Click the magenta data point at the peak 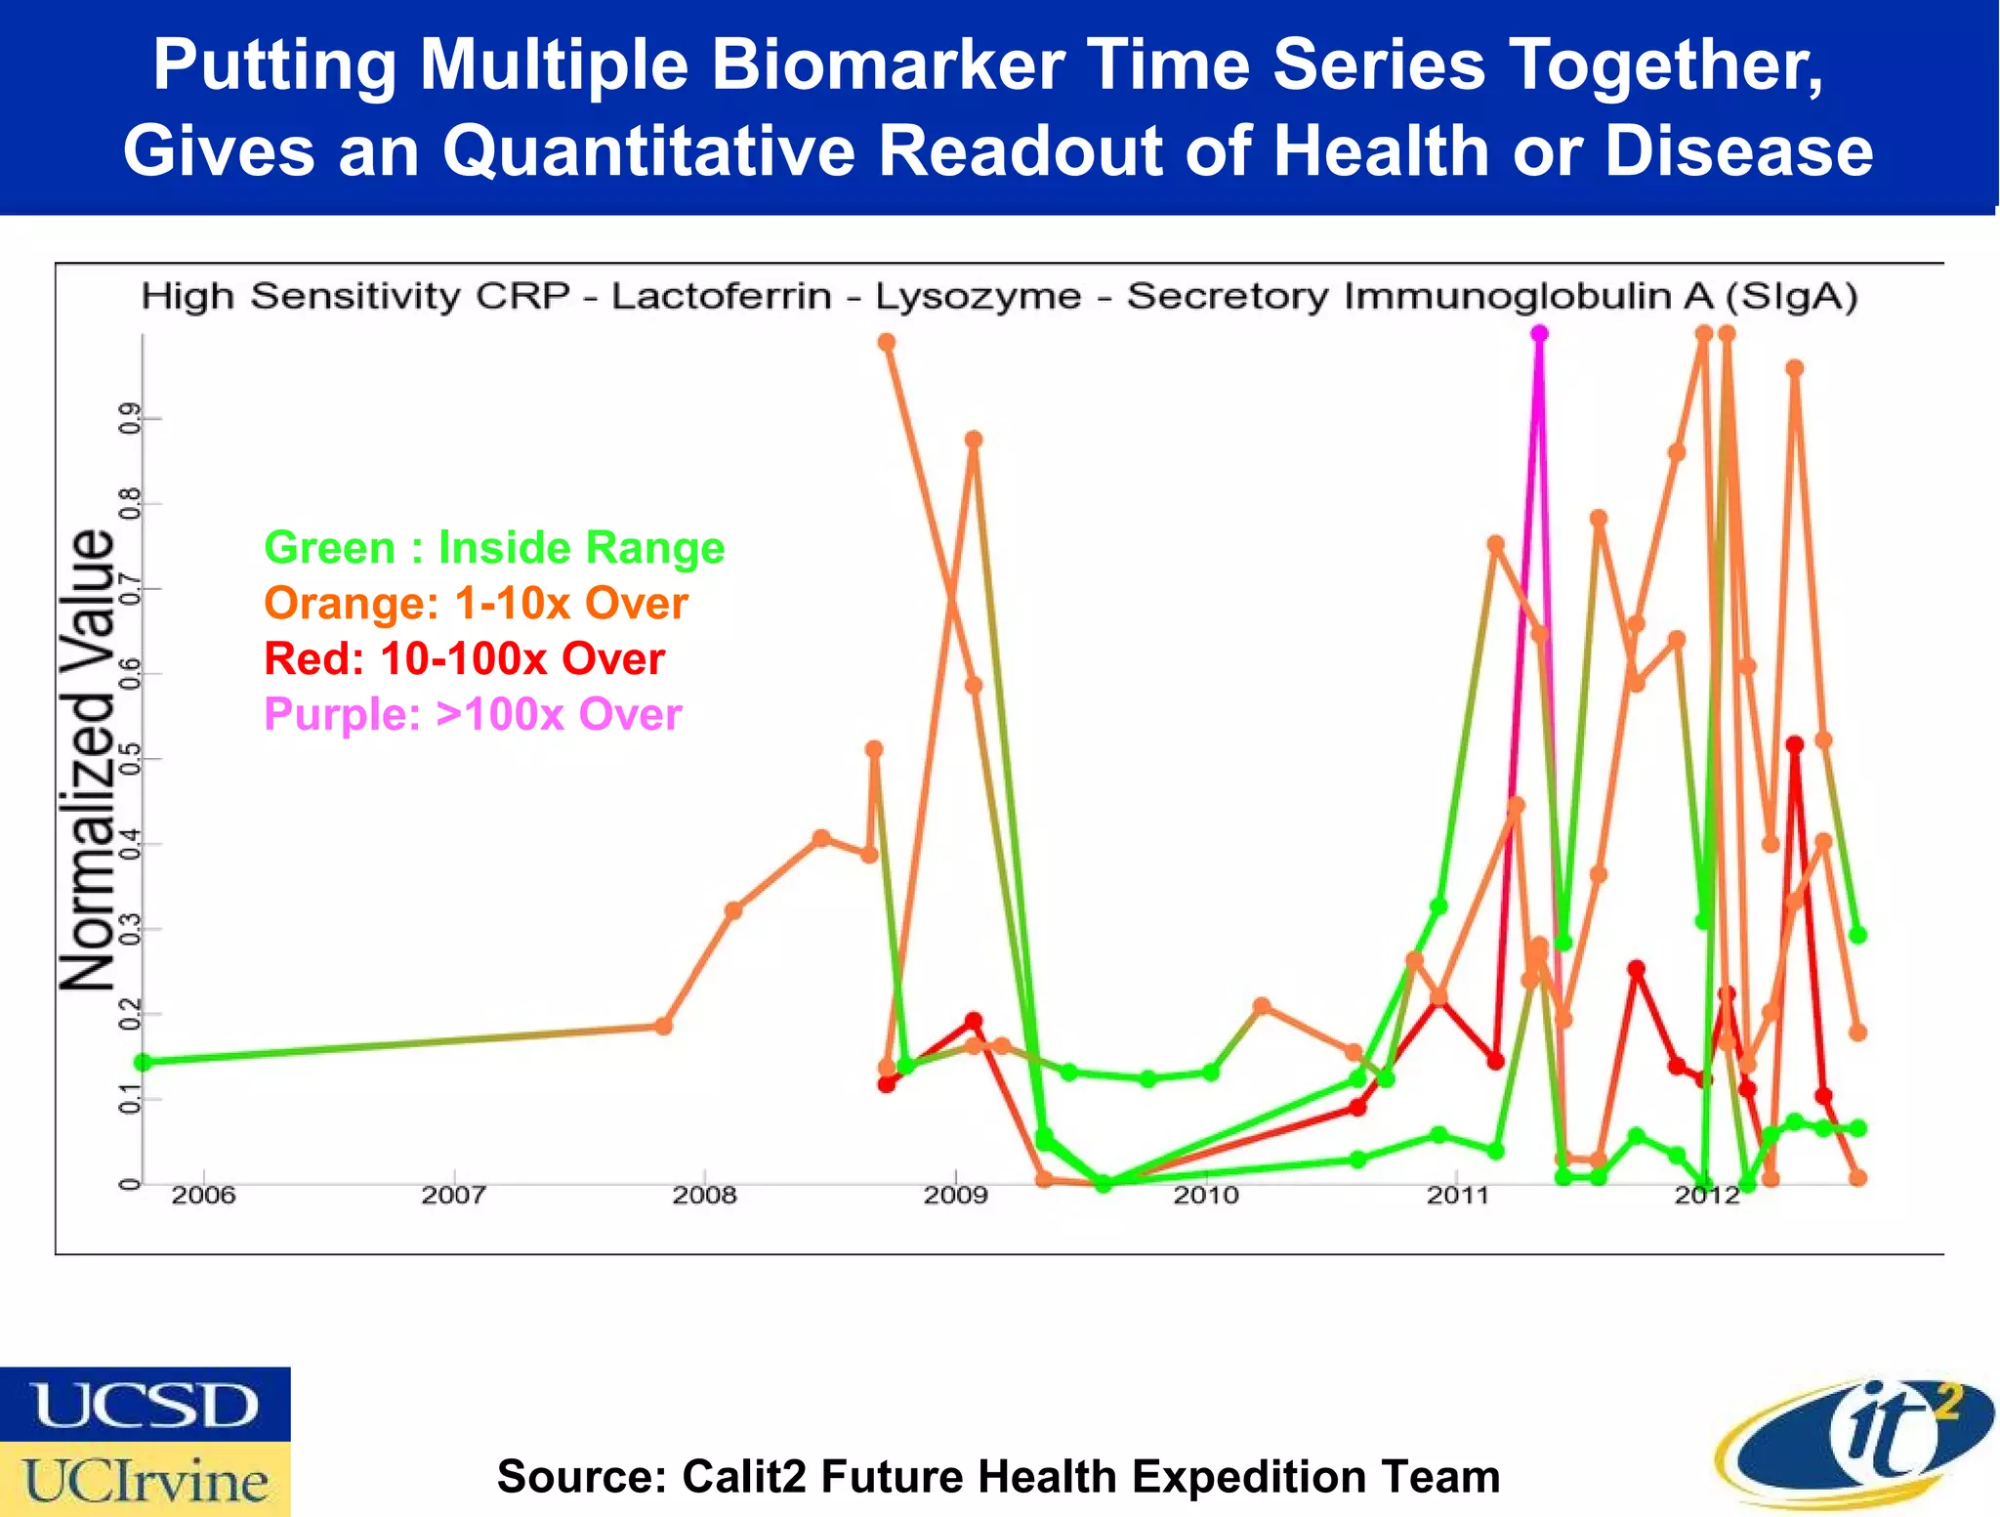(x=1539, y=334)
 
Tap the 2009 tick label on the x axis (x=955, y=1195)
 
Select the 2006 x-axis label (x=203, y=1195)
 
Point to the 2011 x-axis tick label (x=1456, y=1195)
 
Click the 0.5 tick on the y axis (x=128, y=759)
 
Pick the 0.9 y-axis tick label (x=128, y=419)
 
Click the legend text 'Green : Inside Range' (x=494, y=547)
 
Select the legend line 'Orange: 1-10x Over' (x=476, y=603)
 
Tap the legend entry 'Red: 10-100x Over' (x=464, y=658)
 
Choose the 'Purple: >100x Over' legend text (x=473, y=714)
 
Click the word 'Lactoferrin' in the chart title (x=721, y=296)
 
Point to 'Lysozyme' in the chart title (x=978, y=296)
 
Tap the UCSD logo (x=145, y=1405)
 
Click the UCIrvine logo (x=145, y=1479)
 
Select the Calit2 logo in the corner (x=1854, y=1443)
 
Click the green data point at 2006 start (x=144, y=1062)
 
